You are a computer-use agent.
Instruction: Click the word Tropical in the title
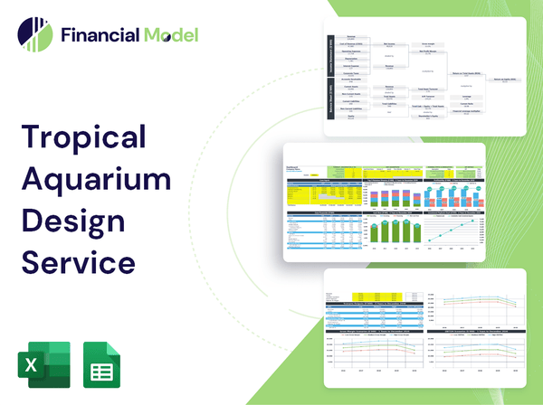84,137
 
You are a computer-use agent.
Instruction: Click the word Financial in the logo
100,36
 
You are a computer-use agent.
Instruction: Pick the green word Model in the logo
169,36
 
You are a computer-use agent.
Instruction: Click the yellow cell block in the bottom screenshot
361,297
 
